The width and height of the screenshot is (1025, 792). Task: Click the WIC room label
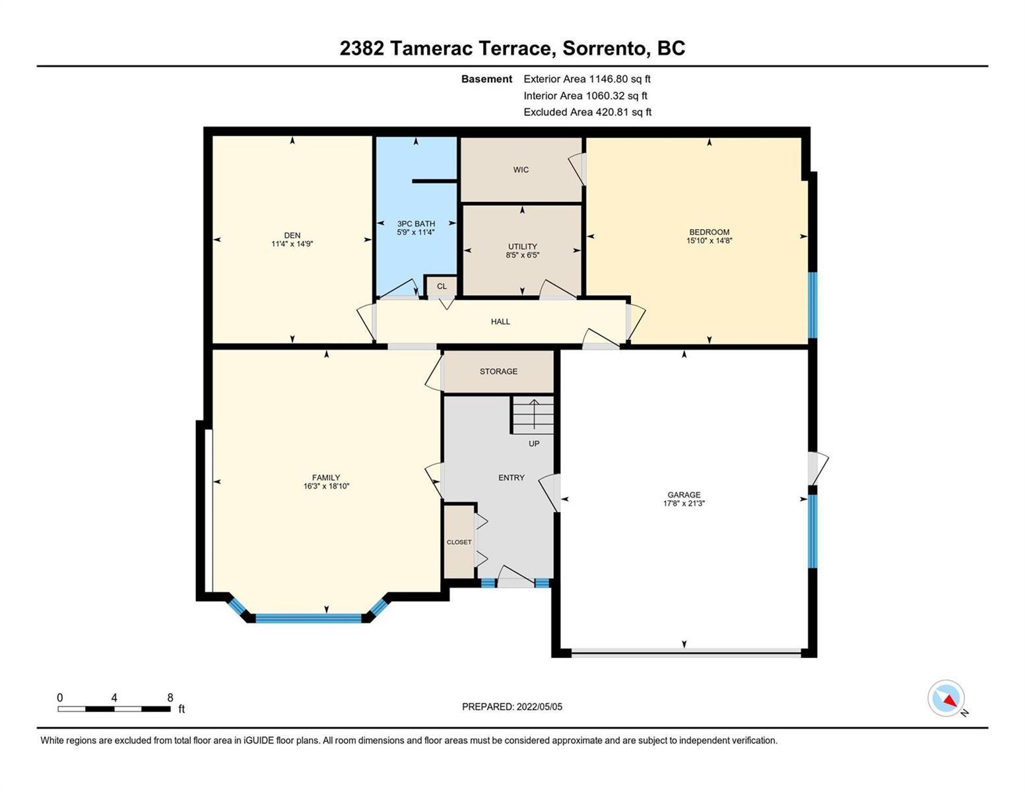(521, 170)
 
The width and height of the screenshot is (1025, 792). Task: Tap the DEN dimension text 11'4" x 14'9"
(292, 244)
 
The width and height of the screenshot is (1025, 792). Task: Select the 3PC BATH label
(416, 224)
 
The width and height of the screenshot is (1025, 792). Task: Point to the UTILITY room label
(522, 246)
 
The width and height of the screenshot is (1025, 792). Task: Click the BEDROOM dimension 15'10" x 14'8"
(709, 241)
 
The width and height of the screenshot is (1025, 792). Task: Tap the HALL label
(500, 321)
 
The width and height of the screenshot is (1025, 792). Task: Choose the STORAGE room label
(498, 372)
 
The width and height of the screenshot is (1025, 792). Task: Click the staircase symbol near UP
(533, 416)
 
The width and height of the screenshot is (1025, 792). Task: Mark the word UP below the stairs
(534, 444)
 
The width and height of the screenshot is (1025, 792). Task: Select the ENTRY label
(512, 478)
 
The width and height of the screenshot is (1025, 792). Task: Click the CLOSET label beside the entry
(459, 543)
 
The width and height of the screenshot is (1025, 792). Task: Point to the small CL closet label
(442, 286)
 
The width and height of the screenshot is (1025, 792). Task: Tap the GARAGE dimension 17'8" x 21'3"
(684, 504)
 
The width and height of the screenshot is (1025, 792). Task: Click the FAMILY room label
(326, 478)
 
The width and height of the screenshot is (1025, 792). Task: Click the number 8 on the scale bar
(170, 698)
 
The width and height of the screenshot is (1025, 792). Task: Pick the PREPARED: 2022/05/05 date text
(512, 707)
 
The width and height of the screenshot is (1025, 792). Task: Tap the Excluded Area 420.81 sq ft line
(587, 112)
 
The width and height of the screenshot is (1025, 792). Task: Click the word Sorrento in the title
(604, 49)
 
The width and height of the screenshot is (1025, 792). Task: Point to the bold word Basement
(486, 79)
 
